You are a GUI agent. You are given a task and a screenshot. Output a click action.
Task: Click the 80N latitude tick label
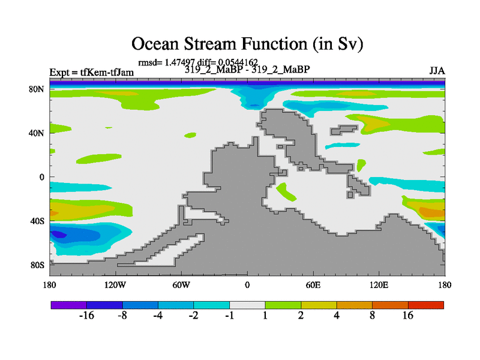pos(37,89)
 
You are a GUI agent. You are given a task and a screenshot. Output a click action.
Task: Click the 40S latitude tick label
pos(37,221)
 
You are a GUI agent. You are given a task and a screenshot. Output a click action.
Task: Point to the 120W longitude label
pos(115,285)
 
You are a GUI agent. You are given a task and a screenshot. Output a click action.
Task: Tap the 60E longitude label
pos(313,285)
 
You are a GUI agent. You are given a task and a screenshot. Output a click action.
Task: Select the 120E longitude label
pos(379,285)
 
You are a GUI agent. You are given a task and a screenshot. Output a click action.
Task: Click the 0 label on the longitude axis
pos(247,285)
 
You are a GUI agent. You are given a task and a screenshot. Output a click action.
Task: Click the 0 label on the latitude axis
pos(41,177)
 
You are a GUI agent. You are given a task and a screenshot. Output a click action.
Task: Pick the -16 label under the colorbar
pos(86,316)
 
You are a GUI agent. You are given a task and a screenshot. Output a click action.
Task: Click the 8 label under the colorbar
pos(372,316)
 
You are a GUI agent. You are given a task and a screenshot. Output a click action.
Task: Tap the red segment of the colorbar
pos(426,305)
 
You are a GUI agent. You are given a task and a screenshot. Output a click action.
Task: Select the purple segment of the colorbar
pos(68,305)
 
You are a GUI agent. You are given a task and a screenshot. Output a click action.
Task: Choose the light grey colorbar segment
pos(247,305)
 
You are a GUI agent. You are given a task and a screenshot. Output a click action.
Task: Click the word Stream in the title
pos(209,43)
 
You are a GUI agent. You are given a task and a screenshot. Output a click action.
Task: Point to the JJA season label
pos(437,71)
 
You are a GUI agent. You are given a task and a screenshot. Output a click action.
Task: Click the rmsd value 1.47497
pos(179,62)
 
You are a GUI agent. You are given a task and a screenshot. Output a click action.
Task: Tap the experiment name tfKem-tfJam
pos(107,73)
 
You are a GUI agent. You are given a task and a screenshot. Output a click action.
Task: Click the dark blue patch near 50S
pos(58,235)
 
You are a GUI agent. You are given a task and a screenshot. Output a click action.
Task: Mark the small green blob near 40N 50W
pos(190,135)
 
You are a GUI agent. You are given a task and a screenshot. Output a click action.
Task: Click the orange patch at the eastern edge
pos(432,212)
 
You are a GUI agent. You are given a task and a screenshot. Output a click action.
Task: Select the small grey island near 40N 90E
pos(343,130)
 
